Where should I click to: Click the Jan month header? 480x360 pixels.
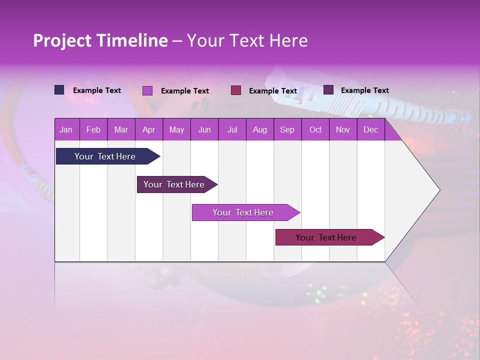(66, 130)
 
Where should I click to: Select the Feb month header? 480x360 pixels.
(93, 130)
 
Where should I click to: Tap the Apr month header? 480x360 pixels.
(148, 130)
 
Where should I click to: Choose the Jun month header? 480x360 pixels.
(204, 130)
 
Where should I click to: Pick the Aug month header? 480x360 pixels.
(259, 130)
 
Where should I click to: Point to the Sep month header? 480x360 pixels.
(287, 130)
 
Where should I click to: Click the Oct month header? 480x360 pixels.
(315, 130)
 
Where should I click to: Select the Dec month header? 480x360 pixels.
(370, 130)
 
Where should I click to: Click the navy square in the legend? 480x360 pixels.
(59, 90)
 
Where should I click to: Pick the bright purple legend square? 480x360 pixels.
(147, 90)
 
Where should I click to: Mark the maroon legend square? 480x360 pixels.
(236, 90)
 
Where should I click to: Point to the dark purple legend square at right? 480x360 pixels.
(328, 90)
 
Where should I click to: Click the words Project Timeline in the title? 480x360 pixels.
(100, 40)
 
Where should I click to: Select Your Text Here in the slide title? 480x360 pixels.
(247, 40)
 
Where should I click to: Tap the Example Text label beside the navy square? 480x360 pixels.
(97, 90)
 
